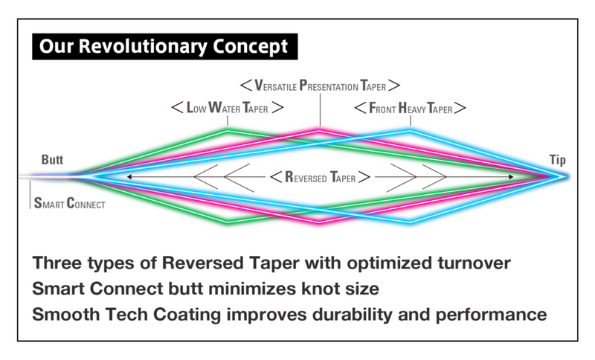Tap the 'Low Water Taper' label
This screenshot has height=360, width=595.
tap(226, 108)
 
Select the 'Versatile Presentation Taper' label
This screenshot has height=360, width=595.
tap(321, 85)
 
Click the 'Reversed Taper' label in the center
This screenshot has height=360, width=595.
tap(320, 177)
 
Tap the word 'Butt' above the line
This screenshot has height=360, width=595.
tap(53, 160)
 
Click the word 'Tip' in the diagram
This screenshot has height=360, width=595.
tap(558, 160)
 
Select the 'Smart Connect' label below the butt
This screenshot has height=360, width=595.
tap(68, 202)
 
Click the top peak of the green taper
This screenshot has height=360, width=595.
tap(227, 130)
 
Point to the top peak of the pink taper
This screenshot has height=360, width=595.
tap(320, 130)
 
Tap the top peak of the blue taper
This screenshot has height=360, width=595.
tap(410, 130)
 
